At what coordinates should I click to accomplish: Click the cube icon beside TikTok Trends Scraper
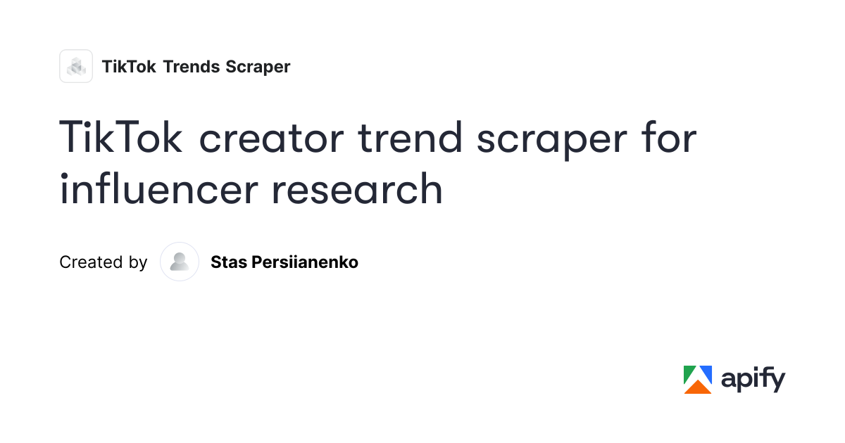[76, 66]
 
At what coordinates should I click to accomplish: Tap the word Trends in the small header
[192, 67]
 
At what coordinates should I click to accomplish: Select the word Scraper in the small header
[258, 67]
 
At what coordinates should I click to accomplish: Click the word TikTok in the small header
[129, 67]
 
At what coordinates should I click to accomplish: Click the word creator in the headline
[272, 139]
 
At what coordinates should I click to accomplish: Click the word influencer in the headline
[159, 188]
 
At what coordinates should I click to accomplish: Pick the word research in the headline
[357, 188]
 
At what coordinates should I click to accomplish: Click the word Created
[91, 262]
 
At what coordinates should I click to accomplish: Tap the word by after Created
[138, 263]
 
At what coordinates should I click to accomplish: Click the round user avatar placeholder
[180, 262]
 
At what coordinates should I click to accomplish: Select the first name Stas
[229, 262]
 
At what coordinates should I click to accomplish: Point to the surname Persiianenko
[305, 262]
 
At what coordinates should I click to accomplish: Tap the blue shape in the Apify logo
[706, 373]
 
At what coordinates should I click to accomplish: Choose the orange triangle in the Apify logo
[698, 387]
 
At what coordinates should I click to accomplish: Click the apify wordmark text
[753, 380]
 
